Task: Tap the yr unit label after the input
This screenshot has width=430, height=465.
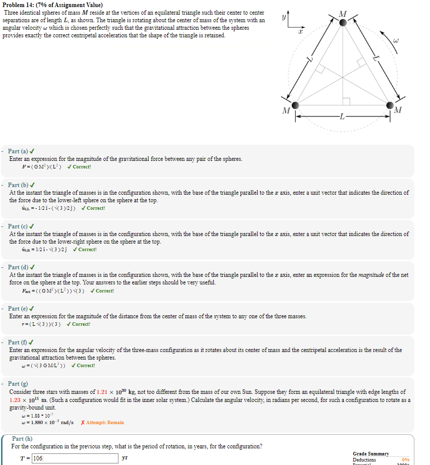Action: (x=125, y=458)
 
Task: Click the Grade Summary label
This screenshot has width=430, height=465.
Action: (x=371, y=453)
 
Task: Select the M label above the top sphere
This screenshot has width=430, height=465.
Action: (x=344, y=12)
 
